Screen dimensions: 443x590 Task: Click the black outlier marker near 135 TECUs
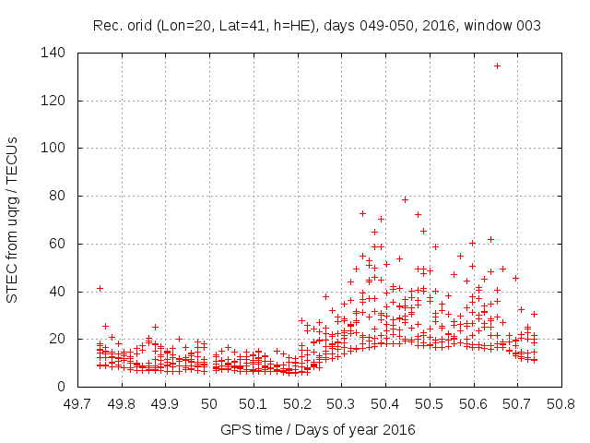click(x=497, y=66)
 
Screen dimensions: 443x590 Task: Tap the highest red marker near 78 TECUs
click(x=405, y=199)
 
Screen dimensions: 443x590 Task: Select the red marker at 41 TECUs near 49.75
click(x=100, y=288)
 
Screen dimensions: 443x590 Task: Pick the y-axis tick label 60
click(x=58, y=244)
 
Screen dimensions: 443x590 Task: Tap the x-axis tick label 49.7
click(x=77, y=403)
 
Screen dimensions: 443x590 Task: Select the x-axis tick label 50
click(x=209, y=403)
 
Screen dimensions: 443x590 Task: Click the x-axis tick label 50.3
click(x=341, y=403)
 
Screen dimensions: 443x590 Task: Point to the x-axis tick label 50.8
click(x=560, y=403)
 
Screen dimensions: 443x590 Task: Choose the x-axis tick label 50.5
click(x=429, y=403)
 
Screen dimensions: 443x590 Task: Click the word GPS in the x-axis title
click(x=233, y=429)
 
